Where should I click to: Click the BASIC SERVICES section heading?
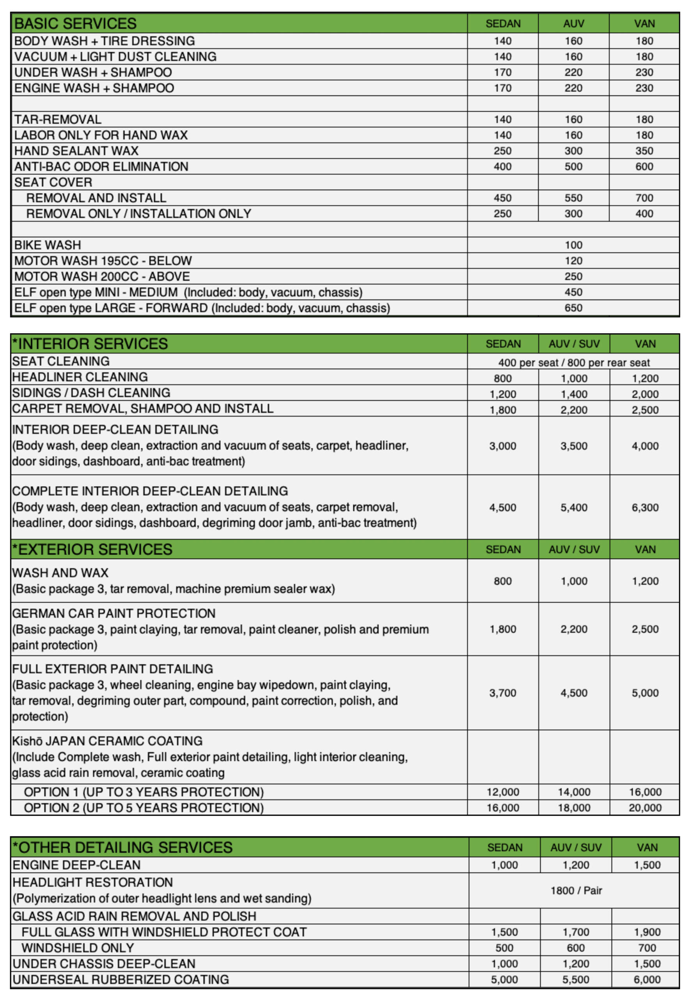click(x=75, y=23)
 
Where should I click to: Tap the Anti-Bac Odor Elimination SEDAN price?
click(x=502, y=167)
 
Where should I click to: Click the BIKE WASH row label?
click(x=48, y=245)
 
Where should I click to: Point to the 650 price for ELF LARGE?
click(x=573, y=308)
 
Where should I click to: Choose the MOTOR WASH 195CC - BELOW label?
click(x=103, y=261)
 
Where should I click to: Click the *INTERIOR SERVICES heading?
click(x=90, y=344)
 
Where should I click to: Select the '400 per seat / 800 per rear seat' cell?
click(x=573, y=363)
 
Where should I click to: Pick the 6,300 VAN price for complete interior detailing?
click(x=645, y=507)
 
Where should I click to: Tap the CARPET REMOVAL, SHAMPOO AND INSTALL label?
click(x=143, y=408)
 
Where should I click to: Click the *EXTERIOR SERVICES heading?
click(x=92, y=549)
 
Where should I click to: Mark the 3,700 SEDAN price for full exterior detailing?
click(x=502, y=693)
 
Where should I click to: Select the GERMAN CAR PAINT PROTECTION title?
click(x=114, y=613)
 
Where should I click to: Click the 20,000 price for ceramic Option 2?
click(x=645, y=807)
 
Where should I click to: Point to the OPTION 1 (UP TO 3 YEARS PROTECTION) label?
click(x=144, y=792)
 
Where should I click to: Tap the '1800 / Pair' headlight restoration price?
click(x=576, y=891)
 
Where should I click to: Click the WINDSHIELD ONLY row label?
click(x=78, y=948)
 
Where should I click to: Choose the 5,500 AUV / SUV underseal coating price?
click(x=575, y=979)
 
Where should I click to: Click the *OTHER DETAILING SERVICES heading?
click(x=122, y=847)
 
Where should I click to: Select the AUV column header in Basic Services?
click(x=573, y=24)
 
